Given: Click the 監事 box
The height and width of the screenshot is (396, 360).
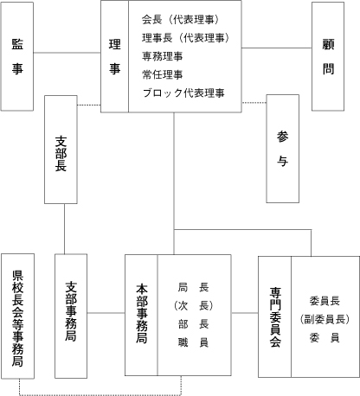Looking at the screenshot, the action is coord(17,56).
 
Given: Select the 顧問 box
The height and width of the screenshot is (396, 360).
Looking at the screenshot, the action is coord(328,56).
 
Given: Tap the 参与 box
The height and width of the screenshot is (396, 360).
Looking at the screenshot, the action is coord(283,149).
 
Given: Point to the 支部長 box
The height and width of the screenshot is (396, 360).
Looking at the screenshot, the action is coord(61,150).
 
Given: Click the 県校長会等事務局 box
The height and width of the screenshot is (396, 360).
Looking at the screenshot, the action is coord(17,316).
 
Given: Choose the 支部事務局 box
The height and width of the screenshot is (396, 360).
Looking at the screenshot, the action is coord(71,316).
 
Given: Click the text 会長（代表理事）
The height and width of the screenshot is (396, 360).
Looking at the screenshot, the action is coord(181,20).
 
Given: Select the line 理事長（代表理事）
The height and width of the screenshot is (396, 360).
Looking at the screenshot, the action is coord(186,38).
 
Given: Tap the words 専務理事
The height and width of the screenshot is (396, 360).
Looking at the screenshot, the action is coord(162,56).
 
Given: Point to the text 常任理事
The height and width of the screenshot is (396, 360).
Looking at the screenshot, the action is coord(162,74).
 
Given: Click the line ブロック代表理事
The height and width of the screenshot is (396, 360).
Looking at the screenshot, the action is coord(183,93).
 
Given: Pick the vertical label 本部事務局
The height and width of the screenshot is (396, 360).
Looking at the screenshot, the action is coord(142,314).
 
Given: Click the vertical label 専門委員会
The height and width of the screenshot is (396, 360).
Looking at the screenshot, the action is coord(275,316).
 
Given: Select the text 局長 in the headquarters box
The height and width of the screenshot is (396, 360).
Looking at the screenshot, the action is coord(193,287).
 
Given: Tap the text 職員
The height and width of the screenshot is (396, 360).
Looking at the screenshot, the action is coord(193,342).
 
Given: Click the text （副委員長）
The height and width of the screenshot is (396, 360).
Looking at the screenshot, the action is coord(325,319).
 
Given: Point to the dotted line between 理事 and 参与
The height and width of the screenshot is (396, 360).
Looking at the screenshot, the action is coord(254,102).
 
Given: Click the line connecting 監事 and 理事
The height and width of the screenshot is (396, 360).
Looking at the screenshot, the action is coord(67,53).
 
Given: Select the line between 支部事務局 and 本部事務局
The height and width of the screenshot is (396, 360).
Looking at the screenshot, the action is coord(106,313).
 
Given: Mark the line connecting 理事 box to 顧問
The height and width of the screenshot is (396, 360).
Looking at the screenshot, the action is coord(277,48).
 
